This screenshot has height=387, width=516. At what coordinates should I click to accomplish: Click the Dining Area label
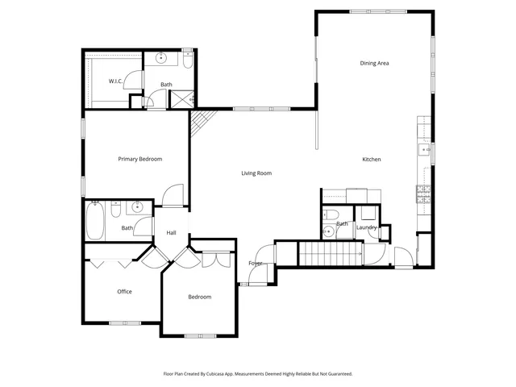pyautogui.click(x=374, y=63)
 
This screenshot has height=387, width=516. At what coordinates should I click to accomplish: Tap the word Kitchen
pyautogui.click(x=371, y=160)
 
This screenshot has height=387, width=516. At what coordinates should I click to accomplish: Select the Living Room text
pyautogui.click(x=256, y=173)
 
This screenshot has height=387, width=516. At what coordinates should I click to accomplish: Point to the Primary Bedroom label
pyautogui.click(x=139, y=159)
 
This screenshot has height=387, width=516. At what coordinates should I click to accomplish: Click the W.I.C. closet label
pyautogui.click(x=116, y=81)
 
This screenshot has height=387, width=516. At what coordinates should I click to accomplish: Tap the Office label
pyautogui.click(x=124, y=292)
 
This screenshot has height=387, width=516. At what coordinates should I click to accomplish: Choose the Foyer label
pyautogui.click(x=255, y=264)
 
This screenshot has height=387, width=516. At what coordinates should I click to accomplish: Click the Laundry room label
pyautogui.click(x=367, y=227)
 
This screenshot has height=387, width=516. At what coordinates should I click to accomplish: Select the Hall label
pyautogui.click(x=171, y=233)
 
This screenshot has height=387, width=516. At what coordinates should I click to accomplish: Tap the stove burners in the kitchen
pyautogui.click(x=422, y=193)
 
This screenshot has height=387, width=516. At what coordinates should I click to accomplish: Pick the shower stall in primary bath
pyautogui.click(x=182, y=98)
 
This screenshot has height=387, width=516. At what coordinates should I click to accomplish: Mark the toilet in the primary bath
pyautogui.click(x=187, y=60)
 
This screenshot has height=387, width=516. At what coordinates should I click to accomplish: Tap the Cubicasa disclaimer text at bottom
pyautogui.click(x=258, y=374)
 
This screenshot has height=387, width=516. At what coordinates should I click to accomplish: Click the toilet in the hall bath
pyautogui.click(x=116, y=210)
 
